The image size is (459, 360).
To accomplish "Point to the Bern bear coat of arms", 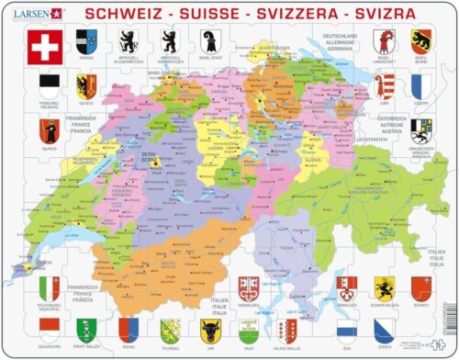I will tap(421, 39).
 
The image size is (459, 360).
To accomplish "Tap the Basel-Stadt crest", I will tap(208, 39).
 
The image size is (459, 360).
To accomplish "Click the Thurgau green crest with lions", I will tap(167, 327).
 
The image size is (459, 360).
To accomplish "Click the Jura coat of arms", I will tap(381, 85).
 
